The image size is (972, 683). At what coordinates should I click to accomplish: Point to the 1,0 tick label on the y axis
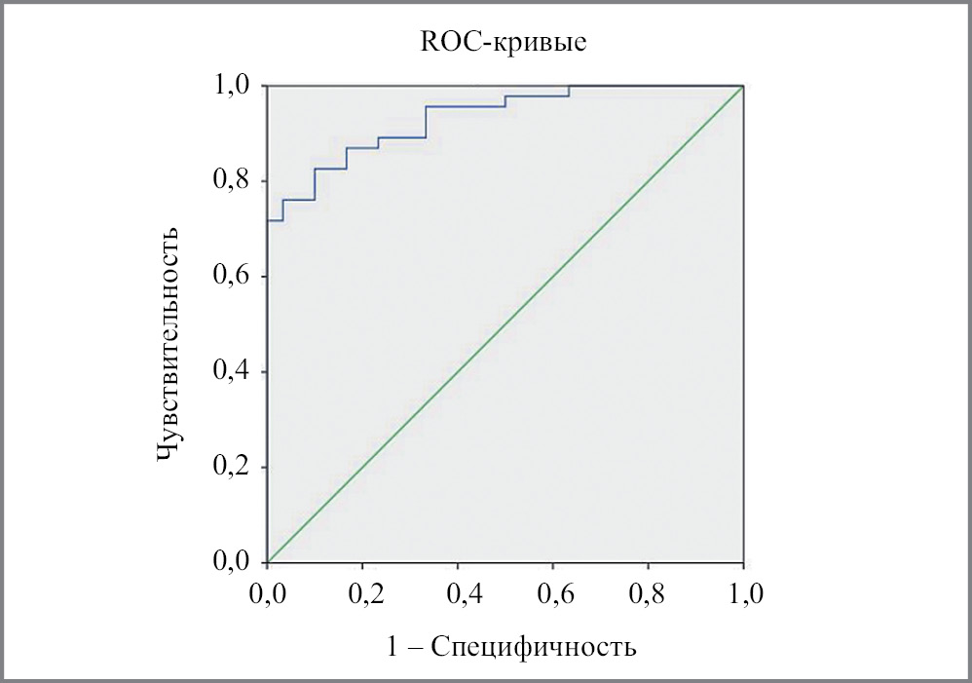235,86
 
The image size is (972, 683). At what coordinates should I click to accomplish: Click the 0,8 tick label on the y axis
235,181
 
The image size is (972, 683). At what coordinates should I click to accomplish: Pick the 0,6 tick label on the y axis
235,277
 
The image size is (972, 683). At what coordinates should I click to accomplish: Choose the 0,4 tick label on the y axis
235,372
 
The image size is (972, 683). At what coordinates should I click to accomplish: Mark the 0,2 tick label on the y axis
235,468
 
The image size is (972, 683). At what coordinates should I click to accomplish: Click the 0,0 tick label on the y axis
235,562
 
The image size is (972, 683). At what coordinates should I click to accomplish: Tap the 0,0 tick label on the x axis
267,593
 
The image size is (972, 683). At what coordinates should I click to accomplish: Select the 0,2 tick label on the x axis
362,593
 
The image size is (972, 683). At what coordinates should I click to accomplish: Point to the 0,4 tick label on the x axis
458,593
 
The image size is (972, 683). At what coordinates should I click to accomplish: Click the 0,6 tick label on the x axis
553,593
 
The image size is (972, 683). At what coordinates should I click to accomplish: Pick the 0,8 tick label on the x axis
649,593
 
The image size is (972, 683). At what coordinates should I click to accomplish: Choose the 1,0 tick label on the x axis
743,593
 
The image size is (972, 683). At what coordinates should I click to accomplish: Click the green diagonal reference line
505,324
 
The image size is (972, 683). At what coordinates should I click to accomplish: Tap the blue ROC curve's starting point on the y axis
268,220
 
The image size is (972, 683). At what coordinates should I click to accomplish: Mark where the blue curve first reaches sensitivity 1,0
569,87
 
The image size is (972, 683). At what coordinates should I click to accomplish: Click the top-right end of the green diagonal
742,88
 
